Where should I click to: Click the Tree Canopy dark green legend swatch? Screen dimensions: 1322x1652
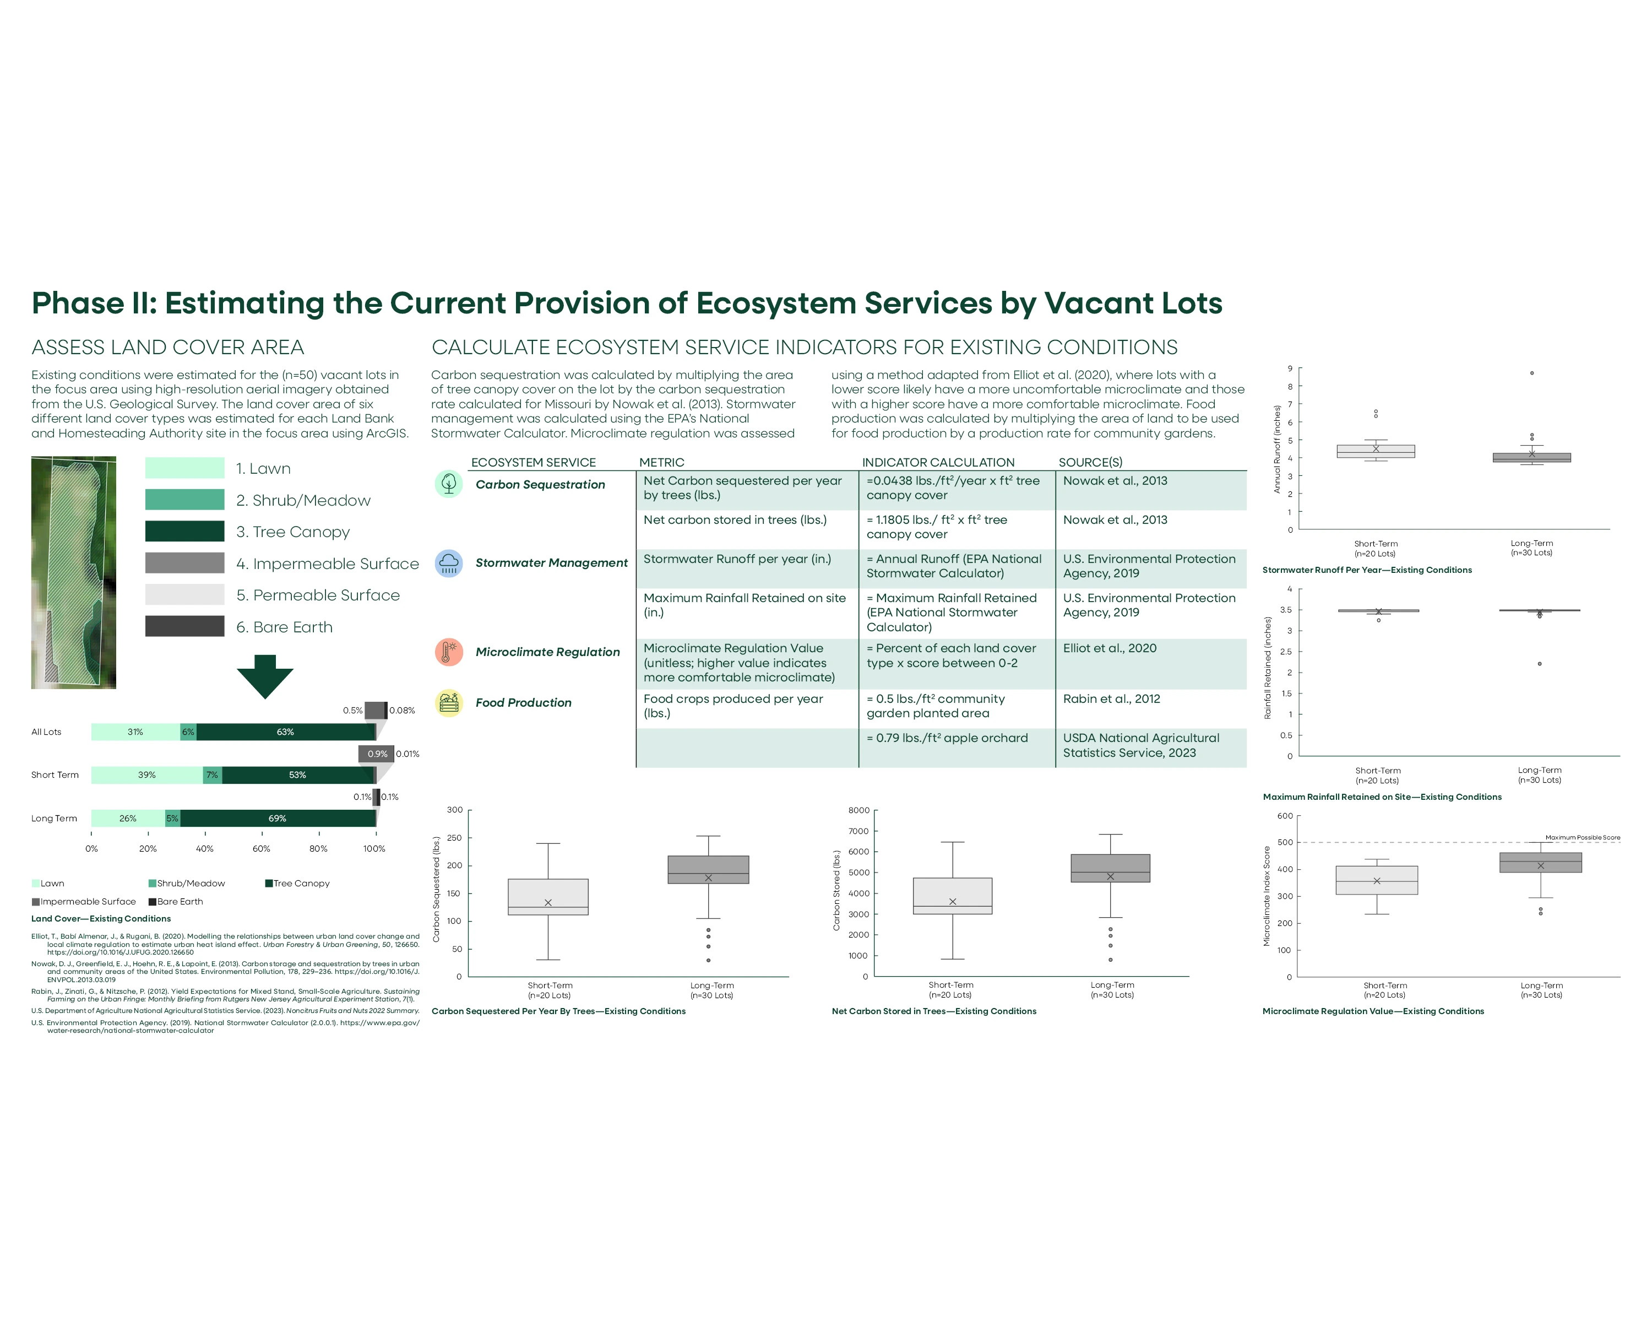[184, 531]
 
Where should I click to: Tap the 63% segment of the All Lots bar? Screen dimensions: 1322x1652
[285, 732]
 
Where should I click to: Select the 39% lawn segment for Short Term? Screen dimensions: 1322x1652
[146, 775]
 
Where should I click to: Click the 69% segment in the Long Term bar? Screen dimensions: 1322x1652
[278, 819]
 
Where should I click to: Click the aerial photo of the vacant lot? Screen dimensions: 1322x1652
[74, 572]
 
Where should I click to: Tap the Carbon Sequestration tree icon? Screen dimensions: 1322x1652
[449, 484]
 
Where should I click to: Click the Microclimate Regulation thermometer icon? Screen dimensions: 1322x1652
[449, 652]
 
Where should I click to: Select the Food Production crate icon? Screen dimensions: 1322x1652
[449, 703]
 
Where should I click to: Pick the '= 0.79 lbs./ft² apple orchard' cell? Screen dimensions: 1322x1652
[947, 738]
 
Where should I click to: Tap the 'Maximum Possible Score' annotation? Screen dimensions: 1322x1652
[1582, 838]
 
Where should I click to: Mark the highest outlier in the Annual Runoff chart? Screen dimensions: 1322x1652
[1532, 373]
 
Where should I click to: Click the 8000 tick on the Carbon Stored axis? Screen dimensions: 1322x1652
[859, 811]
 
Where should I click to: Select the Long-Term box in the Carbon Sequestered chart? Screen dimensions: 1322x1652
[708, 870]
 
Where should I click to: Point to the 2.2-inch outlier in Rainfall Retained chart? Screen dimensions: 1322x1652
[1539, 664]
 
